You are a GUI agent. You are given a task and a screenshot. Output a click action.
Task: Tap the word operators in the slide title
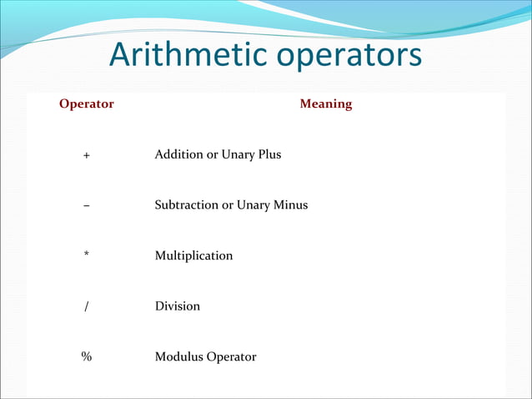point(349,56)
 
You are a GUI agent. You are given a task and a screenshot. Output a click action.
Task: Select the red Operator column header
point(87,104)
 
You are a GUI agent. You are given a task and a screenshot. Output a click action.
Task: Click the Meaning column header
point(325,104)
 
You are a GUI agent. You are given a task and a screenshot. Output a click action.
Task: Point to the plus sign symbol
point(87,155)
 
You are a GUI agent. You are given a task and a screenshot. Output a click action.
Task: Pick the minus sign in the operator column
point(87,205)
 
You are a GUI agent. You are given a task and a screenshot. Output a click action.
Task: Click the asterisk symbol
point(87,255)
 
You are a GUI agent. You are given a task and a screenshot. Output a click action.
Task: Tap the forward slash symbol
point(87,306)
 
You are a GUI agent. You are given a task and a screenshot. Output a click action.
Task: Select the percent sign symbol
point(87,357)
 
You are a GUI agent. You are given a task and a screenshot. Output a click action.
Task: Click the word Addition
point(178,154)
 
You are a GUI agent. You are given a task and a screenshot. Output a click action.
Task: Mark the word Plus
point(269,154)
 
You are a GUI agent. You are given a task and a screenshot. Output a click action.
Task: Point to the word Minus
point(290,205)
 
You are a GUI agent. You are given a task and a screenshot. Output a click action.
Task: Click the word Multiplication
point(193,255)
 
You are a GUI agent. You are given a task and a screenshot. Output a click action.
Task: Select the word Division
point(178,306)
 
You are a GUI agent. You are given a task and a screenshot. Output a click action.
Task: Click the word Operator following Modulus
point(231,357)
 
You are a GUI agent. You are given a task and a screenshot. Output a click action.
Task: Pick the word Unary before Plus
point(237,155)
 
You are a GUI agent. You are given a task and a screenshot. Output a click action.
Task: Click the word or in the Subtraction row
point(227,205)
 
